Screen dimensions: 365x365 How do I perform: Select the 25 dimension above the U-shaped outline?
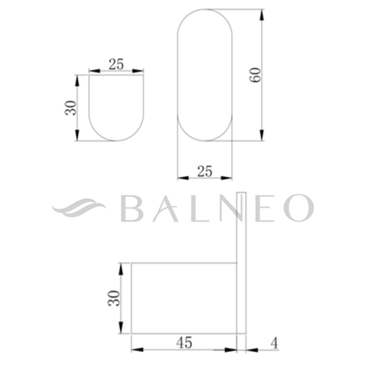click(x=117, y=64)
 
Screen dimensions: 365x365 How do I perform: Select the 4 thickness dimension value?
click(x=273, y=344)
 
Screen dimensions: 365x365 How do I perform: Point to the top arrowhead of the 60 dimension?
click(x=264, y=14)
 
